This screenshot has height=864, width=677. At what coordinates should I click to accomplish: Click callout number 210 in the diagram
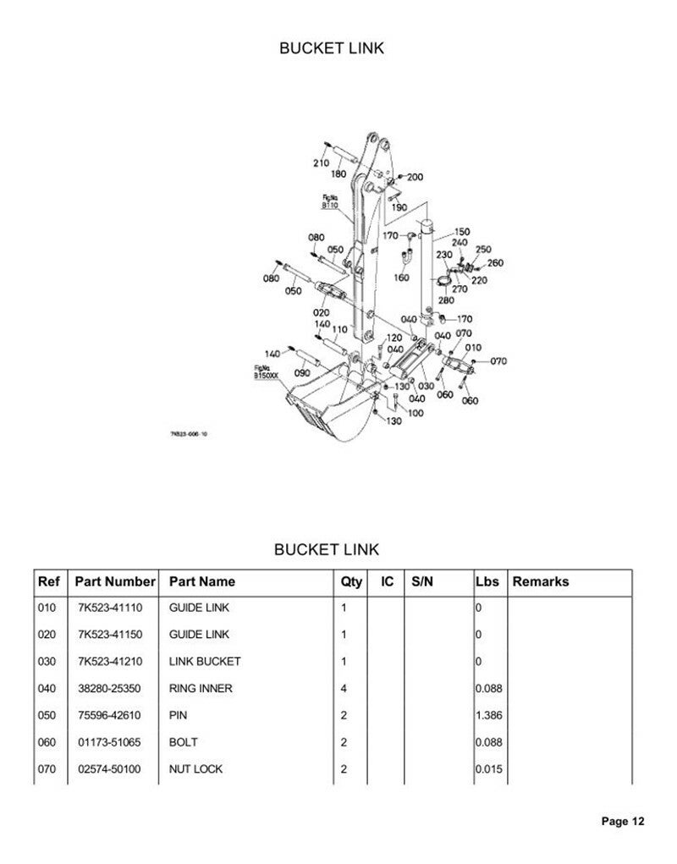[x=321, y=162]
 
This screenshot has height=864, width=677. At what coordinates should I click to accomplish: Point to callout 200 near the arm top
[x=416, y=177]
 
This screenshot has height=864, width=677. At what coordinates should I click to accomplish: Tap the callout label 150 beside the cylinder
[x=462, y=232]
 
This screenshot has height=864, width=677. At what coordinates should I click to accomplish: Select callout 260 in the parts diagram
[x=495, y=263]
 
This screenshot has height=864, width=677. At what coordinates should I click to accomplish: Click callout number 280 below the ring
[x=446, y=300]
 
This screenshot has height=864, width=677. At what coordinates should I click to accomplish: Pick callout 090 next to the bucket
[x=301, y=372]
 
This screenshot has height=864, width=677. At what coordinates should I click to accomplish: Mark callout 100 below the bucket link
[x=416, y=414]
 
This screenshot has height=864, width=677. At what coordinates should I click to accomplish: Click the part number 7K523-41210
[x=109, y=661]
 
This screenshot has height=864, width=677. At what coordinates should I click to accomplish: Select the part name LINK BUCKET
[x=205, y=661]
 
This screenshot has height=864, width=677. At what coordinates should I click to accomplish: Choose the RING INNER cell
[x=201, y=689]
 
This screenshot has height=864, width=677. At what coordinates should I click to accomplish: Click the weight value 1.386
[x=490, y=715]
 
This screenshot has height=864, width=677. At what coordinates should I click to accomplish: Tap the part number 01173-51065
[x=109, y=742]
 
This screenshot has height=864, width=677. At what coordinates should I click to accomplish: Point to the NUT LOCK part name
[x=196, y=769]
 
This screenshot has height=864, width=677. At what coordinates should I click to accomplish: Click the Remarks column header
[x=541, y=581]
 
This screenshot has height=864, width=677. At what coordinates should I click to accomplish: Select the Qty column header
[x=351, y=581]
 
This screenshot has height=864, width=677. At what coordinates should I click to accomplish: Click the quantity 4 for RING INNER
[x=344, y=689]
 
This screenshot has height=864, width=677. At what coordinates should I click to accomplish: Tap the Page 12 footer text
[x=624, y=821]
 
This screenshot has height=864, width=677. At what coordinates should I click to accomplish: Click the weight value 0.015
[x=490, y=769]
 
